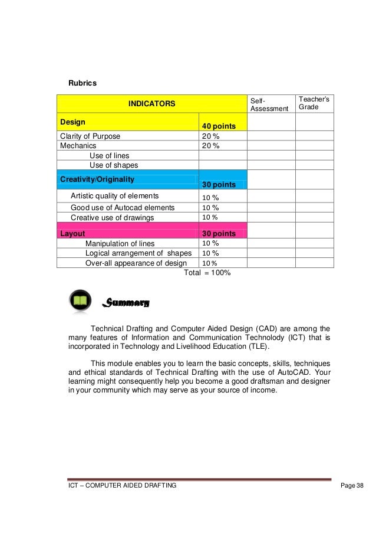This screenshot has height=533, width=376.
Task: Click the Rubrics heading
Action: (83, 83)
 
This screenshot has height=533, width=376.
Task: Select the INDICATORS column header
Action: (152, 104)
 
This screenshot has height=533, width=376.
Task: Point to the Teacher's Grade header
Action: (314, 104)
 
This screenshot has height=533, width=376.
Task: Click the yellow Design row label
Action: (72, 122)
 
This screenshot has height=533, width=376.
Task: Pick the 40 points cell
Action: (219, 126)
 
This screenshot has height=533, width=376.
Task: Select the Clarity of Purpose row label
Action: (90, 136)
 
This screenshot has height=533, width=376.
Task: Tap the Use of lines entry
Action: (109, 155)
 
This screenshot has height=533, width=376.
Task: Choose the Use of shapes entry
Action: (113, 165)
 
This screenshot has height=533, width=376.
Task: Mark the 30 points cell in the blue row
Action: (219, 184)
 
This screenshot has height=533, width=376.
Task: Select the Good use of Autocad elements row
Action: (123, 207)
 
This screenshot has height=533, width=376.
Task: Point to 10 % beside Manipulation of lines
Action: (210, 243)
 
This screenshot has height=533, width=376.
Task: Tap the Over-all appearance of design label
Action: (136, 263)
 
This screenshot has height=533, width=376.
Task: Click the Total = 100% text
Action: (207, 273)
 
